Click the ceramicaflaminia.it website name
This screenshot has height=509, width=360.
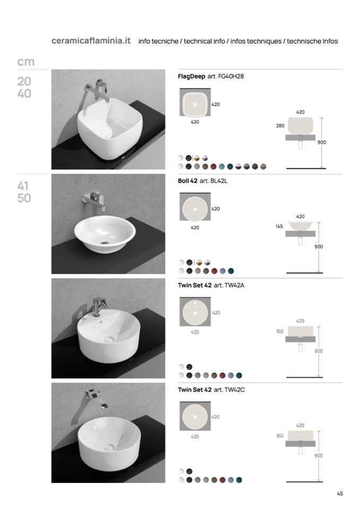click(91, 41)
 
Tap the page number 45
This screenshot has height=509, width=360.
click(339, 494)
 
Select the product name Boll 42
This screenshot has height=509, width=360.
click(187, 181)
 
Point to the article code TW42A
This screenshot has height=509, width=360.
click(234, 286)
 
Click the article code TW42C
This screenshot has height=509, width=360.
click(234, 390)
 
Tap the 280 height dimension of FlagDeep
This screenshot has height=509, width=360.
click(280, 126)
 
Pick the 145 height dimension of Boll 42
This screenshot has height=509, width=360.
click(279, 226)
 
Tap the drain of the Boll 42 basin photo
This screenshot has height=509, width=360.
click(105, 242)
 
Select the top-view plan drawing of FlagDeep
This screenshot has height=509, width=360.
click(195, 102)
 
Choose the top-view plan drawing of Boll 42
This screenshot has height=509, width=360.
click(195, 208)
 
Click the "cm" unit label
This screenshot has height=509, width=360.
click(25, 62)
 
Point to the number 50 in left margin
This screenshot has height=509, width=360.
click(24, 198)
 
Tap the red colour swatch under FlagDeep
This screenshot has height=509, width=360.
click(213, 167)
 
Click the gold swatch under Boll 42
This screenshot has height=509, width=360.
click(199, 262)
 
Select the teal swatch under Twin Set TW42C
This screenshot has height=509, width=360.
click(239, 480)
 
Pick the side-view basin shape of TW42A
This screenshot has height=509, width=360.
click(301, 331)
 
